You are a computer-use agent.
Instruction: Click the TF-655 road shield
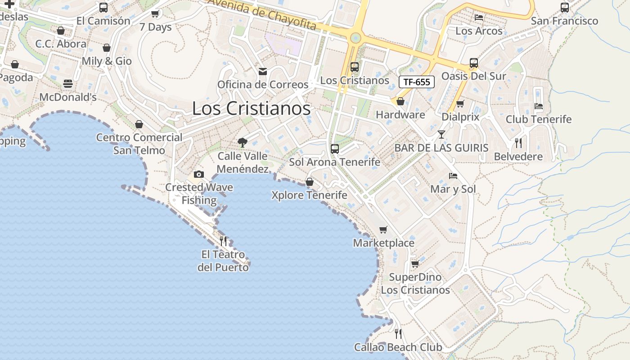417,82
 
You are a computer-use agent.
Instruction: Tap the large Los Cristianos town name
251,108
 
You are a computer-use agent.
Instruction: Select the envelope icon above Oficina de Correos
263,72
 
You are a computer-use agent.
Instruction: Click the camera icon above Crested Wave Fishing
198,174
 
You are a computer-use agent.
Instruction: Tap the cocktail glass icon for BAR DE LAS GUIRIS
441,135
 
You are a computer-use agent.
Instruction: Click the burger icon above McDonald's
68,84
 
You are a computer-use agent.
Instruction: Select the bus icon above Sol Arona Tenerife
334,149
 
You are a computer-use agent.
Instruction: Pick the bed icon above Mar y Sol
453,176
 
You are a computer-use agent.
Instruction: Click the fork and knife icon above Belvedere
518,143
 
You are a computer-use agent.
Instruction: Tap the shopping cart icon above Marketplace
383,230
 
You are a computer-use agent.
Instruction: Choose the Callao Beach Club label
398,347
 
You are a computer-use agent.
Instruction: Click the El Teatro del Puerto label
223,261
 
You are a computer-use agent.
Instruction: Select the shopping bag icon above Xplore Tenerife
310,182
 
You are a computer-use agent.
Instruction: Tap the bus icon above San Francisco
564,8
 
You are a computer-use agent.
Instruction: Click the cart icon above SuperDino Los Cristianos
415,264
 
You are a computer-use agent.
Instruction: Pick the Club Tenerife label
539,119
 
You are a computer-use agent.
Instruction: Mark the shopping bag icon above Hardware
400,102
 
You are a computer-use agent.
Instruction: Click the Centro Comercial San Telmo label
139,144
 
